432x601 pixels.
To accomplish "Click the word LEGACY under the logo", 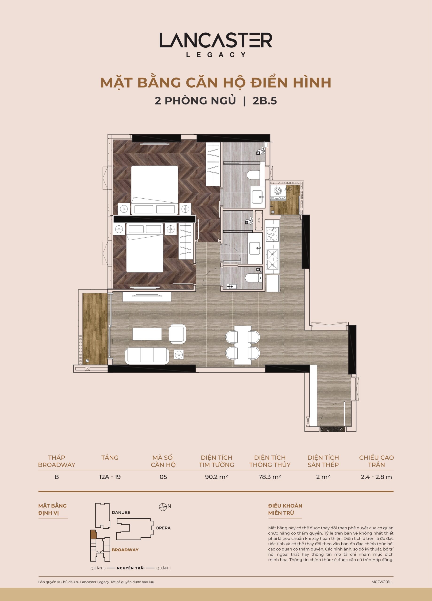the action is point(216,55).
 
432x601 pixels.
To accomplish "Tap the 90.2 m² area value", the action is point(216,477).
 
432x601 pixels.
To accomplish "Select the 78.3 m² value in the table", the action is point(270,477).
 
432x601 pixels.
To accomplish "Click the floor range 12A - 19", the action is point(110,477).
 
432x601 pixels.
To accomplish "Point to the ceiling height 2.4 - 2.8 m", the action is point(376,477).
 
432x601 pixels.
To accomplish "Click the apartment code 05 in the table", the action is point(163,477).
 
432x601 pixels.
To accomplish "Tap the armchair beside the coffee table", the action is point(177,334).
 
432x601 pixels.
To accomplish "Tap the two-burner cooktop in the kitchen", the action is point(272,234).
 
